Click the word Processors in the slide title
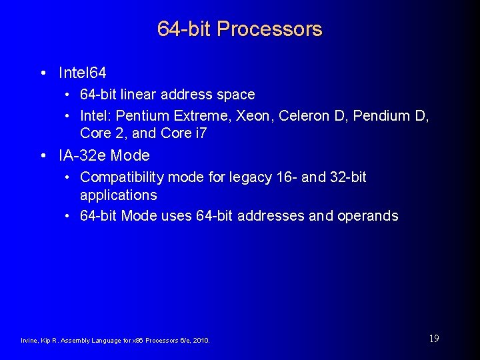click(x=269, y=29)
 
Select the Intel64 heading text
click(x=83, y=72)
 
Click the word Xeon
click(x=256, y=116)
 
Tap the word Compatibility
click(x=122, y=177)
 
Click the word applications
click(x=119, y=195)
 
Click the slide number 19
click(x=433, y=339)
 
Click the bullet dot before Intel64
click(x=43, y=73)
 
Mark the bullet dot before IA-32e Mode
click(x=43, y=157)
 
